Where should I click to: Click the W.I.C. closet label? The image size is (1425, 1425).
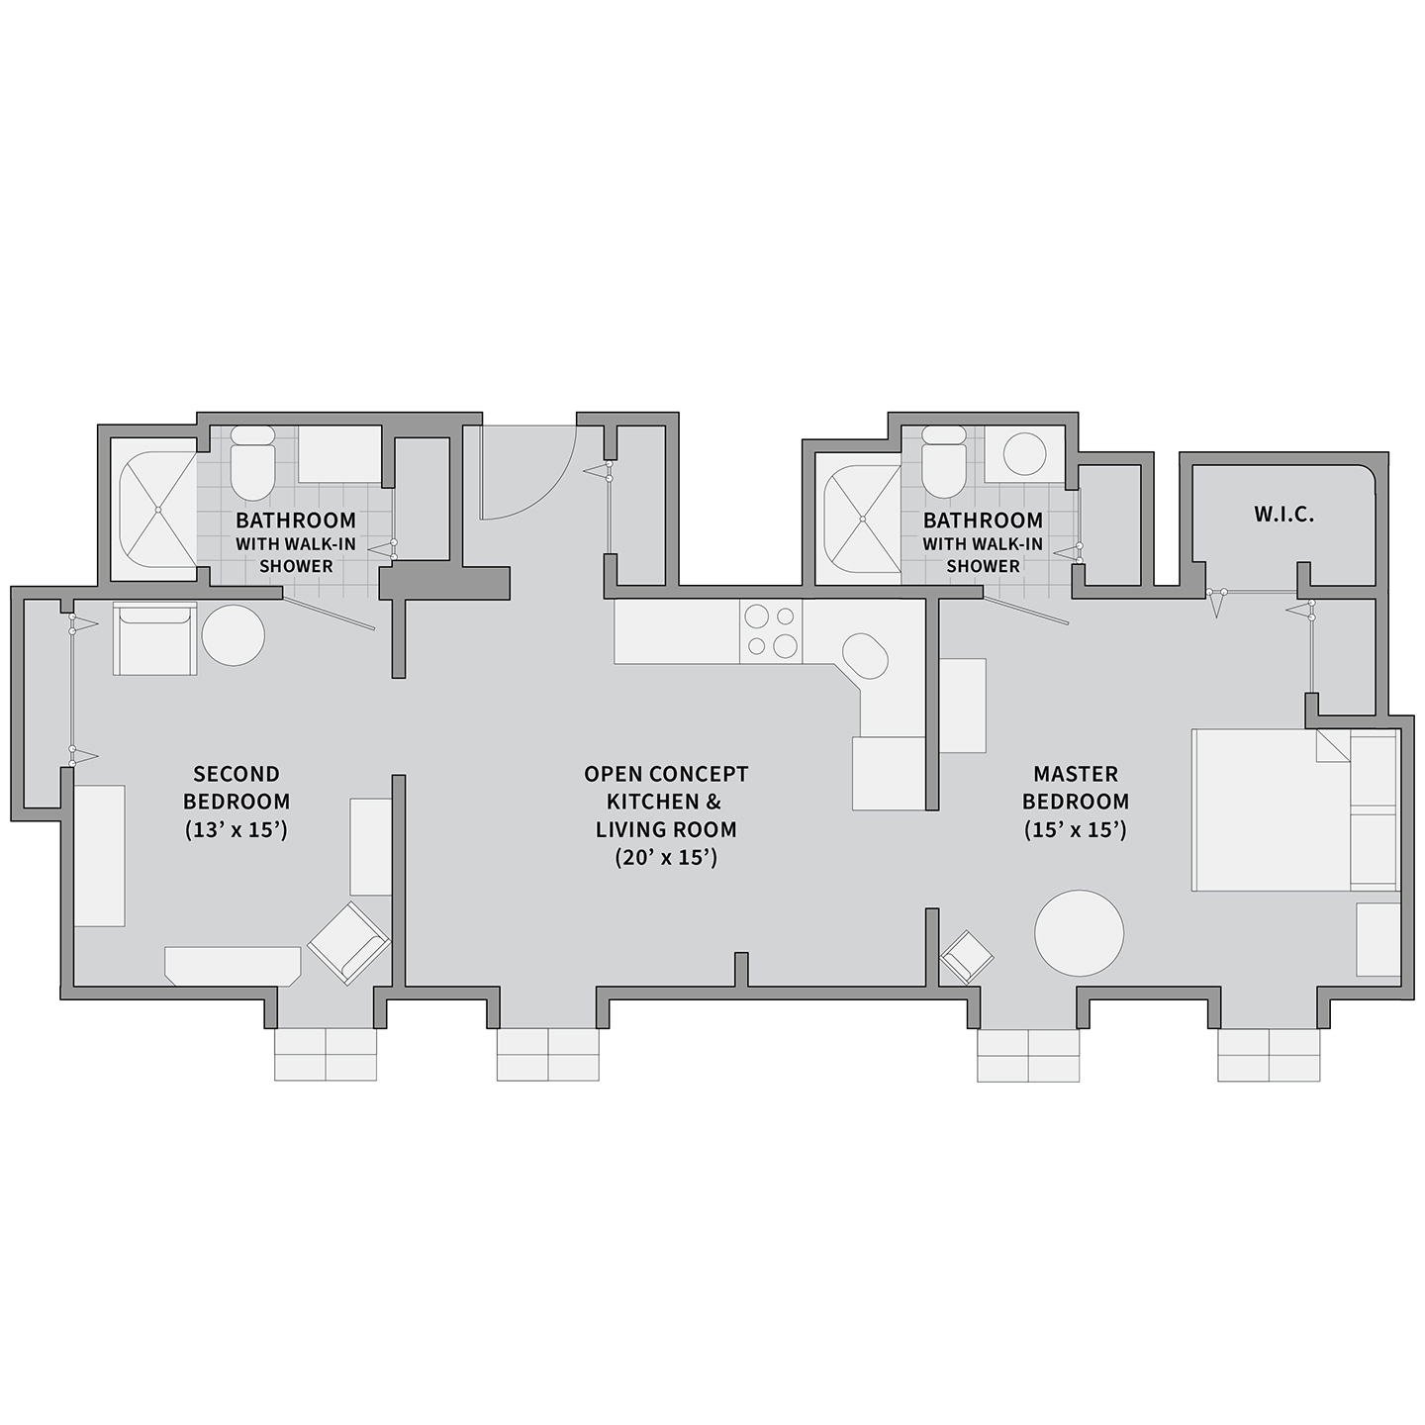pos(1283,515)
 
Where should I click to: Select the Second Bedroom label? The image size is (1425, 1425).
pos(237,788)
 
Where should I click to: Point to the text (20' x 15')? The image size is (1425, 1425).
pos(666,858)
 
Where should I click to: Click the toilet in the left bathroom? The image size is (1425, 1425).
pos(251,462)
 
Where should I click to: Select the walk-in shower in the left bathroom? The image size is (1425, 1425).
pos(157,509)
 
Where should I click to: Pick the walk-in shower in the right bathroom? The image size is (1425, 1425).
pos(862,520)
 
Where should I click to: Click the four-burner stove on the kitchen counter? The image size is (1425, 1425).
pos(771,631)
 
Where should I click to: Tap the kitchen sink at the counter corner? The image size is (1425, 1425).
pos(865,655)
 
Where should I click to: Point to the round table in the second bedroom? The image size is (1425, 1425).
pos(234,635)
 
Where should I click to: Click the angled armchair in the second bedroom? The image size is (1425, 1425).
pos(348,943)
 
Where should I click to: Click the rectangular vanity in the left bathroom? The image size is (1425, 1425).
pos(339,455)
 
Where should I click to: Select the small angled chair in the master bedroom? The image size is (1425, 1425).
pos(967,958)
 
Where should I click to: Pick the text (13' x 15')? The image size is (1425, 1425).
pos(236,830)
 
